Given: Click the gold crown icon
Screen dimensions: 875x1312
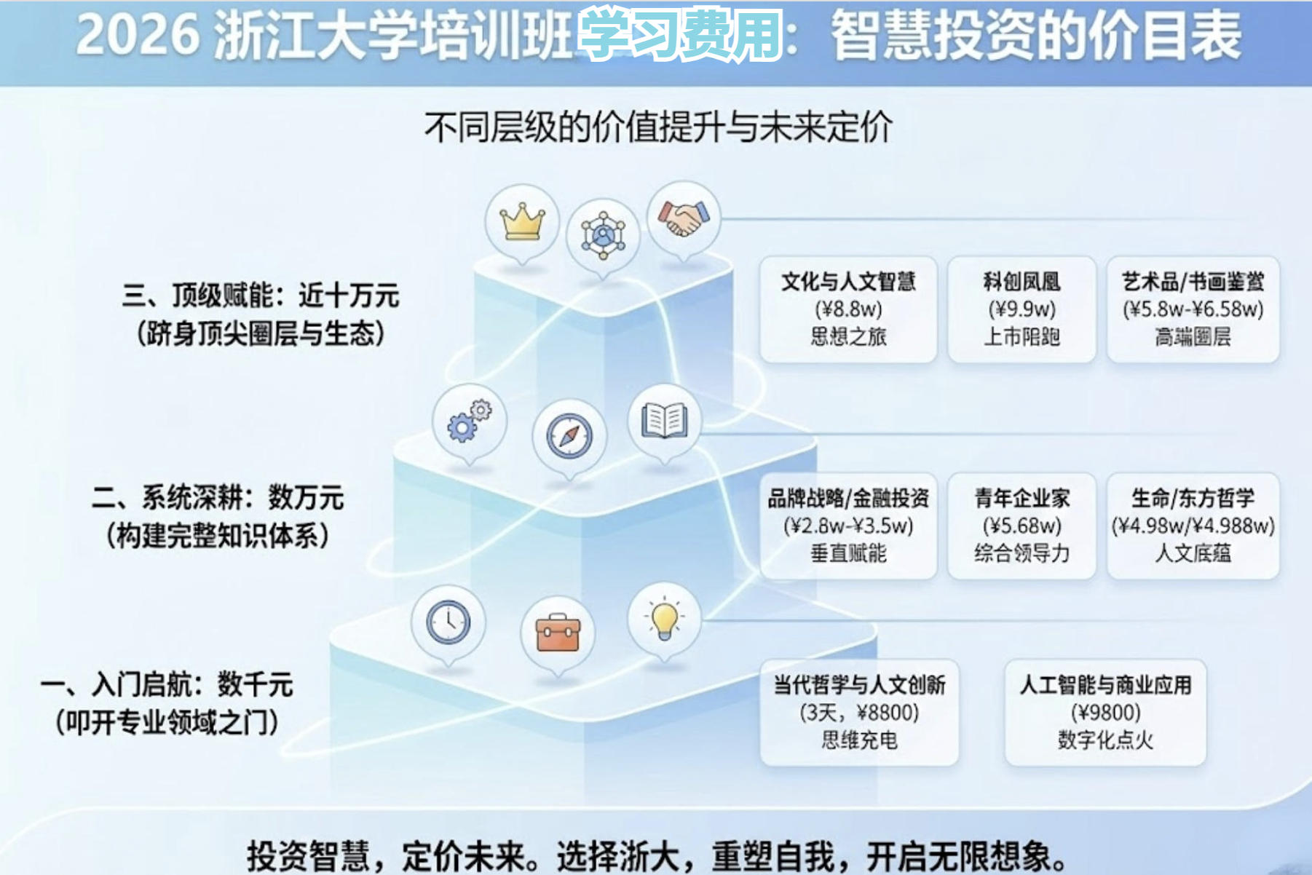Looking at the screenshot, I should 522,221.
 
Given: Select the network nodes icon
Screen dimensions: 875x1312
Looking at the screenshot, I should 603,235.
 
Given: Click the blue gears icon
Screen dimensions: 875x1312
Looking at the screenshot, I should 468,421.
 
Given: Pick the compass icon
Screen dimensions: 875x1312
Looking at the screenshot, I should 569,436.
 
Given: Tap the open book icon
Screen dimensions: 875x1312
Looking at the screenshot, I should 664,420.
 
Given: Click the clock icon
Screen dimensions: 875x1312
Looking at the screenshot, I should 448,622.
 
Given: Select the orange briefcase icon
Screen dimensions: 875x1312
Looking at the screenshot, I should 557,633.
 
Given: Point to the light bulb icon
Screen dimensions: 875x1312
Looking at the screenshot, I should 664,619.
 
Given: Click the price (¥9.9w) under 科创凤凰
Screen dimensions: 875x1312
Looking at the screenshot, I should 1021,309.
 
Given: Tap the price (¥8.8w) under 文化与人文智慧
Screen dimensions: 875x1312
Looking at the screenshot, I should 848,309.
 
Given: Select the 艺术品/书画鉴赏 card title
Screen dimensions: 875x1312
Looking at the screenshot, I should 1193,282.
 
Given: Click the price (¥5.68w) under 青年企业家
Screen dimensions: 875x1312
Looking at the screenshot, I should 1021,526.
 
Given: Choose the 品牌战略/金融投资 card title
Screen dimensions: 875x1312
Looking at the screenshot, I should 848,499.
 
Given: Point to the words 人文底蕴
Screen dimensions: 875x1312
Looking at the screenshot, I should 1193,553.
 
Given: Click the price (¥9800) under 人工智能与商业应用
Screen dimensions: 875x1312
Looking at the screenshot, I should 1105,712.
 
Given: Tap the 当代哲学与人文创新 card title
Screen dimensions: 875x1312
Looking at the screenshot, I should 859,685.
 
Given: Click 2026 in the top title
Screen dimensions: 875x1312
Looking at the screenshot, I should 138,35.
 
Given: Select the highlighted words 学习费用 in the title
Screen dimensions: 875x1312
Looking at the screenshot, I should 680,35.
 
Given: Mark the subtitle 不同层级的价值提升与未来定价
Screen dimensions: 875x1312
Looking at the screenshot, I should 658,127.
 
